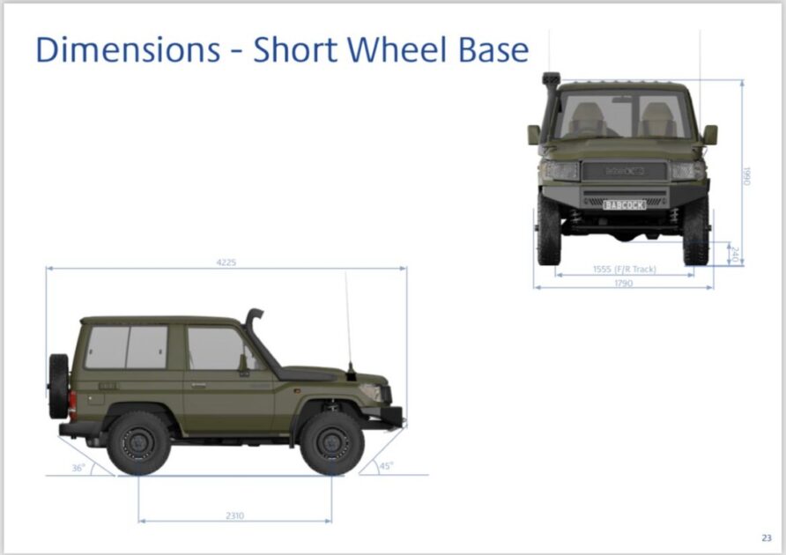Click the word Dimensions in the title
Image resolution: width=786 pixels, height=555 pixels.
pos(128,49)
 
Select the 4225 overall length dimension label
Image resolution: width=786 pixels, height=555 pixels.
pos(226,263)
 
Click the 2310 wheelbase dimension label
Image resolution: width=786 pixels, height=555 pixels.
pos(234,515)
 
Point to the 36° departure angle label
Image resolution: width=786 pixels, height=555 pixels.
pos(78,468)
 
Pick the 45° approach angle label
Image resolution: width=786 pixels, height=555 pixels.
pos(386,466)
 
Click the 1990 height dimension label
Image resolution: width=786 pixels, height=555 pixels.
pos(747,176)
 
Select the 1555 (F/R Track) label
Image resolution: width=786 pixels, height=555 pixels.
pos(624,270)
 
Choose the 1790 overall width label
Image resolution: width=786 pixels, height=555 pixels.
pos(624,284)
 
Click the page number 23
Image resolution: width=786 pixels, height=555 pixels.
pos(767,538)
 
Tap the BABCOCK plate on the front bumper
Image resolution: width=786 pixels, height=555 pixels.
pos(624,205)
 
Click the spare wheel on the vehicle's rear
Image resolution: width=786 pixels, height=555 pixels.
pos(59,386)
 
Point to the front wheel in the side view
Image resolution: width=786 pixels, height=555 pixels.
pos(332,443)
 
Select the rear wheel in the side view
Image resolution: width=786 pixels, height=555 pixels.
pos(138,443)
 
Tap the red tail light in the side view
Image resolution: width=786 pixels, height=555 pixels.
pos(72,404)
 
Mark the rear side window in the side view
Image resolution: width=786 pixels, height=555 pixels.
pos(126,347)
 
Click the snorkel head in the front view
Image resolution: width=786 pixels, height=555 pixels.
pos(551,79)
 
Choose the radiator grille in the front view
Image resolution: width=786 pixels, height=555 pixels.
pos(625,171)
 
